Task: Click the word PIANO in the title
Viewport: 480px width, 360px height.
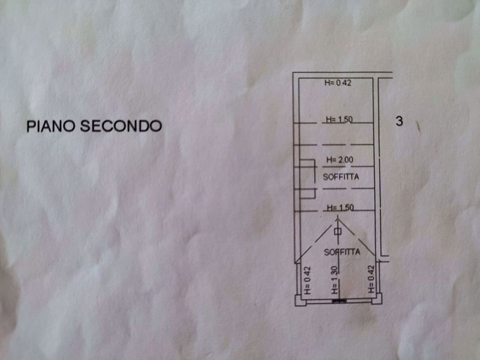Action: point(51,126)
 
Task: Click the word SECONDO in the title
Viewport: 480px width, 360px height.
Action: point(121,126)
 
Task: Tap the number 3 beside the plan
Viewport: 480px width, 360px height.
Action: point(399,121)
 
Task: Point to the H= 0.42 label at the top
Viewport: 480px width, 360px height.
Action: point(338,83)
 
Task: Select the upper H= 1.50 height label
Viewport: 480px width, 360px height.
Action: point(339,119)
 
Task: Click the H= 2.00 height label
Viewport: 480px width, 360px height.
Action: point(340,160)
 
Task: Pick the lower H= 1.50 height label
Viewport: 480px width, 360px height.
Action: point(340,208)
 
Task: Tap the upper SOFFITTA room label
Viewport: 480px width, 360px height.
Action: point(341,177)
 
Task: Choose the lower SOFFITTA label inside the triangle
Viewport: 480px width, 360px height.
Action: point(342,252)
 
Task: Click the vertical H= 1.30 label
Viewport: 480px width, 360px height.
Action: point(335,280)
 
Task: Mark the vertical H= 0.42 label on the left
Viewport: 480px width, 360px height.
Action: point(307,280)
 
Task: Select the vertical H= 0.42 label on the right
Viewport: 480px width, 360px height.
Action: point(371,279)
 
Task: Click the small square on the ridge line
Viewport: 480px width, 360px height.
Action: point(338,232)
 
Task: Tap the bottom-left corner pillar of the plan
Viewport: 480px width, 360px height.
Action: point(301,300)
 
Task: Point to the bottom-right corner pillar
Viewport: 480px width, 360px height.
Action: point(377,299)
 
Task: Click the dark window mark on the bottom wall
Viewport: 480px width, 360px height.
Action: point(340,302)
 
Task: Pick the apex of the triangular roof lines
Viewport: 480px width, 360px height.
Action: point(338,220)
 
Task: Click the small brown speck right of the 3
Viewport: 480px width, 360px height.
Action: point(418,126)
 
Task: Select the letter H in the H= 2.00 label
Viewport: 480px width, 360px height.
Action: point(329,160)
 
